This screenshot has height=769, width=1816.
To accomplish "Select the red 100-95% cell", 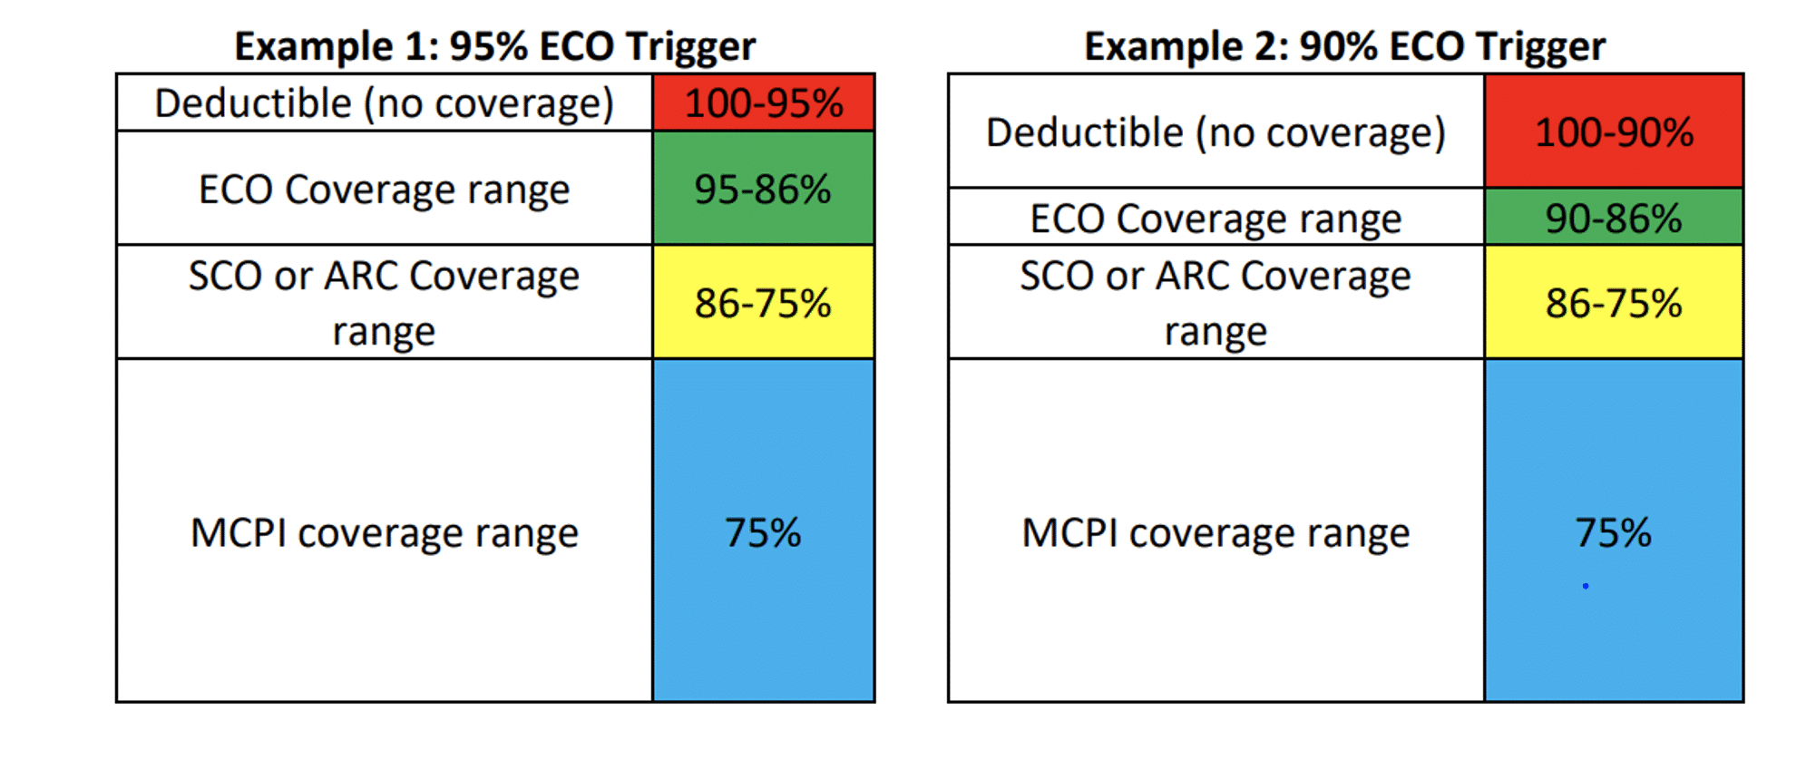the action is pos(764,103).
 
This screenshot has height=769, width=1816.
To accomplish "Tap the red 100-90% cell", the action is pos(1614,132).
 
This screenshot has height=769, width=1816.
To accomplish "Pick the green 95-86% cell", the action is pos(764,189).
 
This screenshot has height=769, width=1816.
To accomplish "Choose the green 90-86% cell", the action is pos(1614,218).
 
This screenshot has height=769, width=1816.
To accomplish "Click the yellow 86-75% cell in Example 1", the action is pos(764,303).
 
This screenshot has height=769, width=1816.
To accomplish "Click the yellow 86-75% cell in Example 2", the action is pos(1614,303).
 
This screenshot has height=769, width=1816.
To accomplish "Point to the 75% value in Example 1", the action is pos(763,532).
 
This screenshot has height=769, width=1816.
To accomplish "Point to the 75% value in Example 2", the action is pos(1613,532).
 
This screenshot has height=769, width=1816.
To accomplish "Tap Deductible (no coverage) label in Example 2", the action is pos(1216,133).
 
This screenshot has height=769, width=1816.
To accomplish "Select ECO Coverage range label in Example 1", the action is pos(384,190).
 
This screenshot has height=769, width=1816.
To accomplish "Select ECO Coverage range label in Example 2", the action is pos(1216,219).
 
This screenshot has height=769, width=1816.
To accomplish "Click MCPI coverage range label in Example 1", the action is pos(384,533).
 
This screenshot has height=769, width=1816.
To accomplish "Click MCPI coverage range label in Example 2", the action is pos(1216,533).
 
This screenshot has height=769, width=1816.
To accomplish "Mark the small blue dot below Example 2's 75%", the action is pos(1586,586).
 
